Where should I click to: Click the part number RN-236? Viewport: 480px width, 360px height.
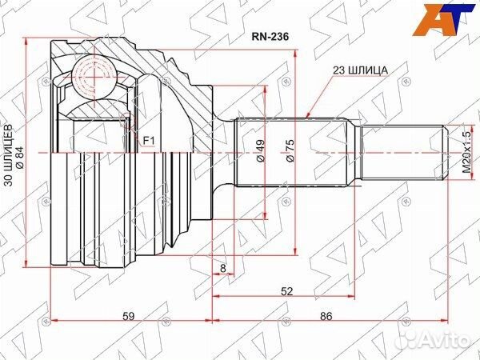tap(270, 37)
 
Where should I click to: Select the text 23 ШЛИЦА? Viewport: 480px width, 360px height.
tap(360, 70)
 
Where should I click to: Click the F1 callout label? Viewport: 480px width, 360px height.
tap(149, 141)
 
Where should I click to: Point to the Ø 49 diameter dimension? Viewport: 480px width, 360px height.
tap(260, 150)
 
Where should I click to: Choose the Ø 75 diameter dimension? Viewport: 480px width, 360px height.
tap(290, 150)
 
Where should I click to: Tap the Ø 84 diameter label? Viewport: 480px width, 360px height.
tap(21, 156)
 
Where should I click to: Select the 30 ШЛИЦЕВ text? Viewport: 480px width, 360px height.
tap(9, 155)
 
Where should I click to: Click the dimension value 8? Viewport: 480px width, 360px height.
tap(223, 268)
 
